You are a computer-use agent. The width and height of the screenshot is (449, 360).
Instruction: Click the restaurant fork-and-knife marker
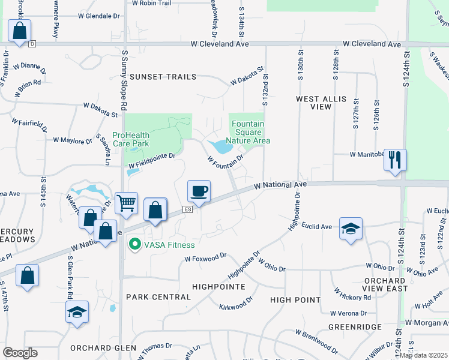395,160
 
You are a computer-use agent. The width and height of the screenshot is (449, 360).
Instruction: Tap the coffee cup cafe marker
199,191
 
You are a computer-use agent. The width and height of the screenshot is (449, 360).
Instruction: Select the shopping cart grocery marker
126,204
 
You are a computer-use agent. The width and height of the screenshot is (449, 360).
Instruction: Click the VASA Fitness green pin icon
135,244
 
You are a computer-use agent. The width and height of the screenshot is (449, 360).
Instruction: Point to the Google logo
20,353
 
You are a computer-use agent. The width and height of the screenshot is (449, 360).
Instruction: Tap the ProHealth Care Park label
131,140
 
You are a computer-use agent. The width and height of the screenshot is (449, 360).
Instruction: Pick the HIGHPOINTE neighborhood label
218,287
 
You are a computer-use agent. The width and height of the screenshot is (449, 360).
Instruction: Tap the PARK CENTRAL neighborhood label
149,297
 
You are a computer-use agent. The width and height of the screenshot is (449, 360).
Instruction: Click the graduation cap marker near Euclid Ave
351,229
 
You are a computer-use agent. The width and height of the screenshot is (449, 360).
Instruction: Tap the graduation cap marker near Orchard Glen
77,313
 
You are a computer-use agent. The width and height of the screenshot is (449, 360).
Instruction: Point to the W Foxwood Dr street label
205,258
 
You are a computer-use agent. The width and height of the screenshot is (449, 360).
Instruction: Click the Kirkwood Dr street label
236,307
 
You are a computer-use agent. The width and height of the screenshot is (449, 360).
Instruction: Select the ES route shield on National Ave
187,209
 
